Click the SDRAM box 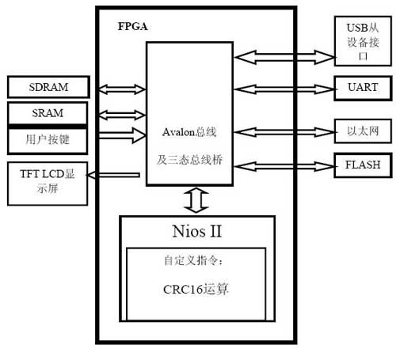[48, 87]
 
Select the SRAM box [48, 113]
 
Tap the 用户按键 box [48, 140]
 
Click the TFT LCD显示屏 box [48, 184]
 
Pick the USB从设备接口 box [363, 41]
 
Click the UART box [363, 88]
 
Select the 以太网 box [363, 131]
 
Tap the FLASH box [363, 165]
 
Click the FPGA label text [132, 26]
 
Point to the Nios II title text [197, 231]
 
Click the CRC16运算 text [196, 290]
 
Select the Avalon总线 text [189, 132]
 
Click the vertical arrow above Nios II [196, 200]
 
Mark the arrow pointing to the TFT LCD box [113, 175]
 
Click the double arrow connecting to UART [284, 89]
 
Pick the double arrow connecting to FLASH [284, 166]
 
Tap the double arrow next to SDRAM [122, 89]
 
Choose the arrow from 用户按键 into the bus [122, 135]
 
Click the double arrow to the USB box [284, 57]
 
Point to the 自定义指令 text [193, 260]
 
